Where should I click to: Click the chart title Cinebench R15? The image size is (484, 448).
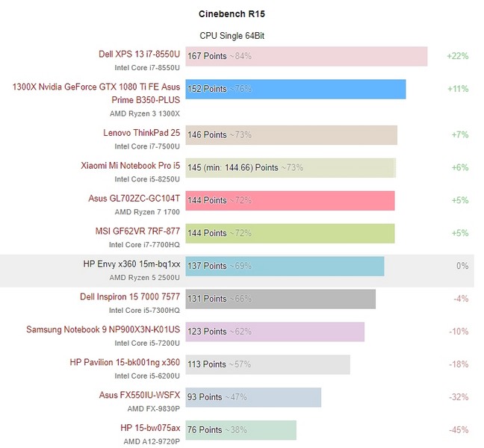click(231, 13)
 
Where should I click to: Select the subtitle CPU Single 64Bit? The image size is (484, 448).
click(231, 36)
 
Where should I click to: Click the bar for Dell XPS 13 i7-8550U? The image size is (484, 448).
click(305, 56)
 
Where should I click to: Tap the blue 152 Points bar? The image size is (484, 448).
click(295, 89)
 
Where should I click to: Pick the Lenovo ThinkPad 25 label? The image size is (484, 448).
click(142, 133)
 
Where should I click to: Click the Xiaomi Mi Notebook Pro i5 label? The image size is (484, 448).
click(131, 165)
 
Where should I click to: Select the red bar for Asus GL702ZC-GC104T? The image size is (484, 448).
click(289, 200)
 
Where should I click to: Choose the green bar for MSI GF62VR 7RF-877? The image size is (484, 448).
click(289, 233)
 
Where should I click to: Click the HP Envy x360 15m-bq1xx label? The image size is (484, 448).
click(131, 264)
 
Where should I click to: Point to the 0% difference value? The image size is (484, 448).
click(462, 266)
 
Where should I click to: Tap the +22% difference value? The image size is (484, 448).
click(457, 56)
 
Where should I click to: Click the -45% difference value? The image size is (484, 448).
click(459, 430)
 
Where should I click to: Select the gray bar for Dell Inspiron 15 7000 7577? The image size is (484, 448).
click(279, 299)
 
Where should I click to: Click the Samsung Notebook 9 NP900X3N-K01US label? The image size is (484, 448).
click(103, 329)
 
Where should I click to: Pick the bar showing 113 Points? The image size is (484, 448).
click(267, 364)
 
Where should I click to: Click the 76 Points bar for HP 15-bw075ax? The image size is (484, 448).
click(240, 430)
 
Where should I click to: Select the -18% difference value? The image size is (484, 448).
click(459, 364)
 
